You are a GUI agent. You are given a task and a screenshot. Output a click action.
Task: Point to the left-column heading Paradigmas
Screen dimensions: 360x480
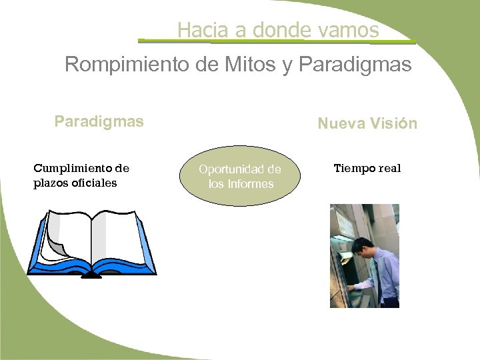(99, 122)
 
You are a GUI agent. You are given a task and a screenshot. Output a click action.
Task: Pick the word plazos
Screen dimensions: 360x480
(51, 183)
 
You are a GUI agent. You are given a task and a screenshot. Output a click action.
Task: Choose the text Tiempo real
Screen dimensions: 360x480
(367, 168)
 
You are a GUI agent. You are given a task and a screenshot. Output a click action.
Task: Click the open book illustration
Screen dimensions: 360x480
(91, 243)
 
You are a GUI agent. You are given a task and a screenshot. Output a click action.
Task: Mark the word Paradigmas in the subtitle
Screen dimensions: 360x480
(356, 65)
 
